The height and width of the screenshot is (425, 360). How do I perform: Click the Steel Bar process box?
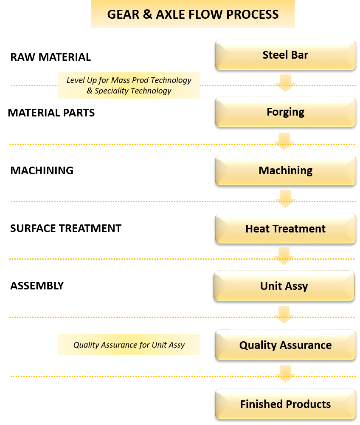[x=285, y=55]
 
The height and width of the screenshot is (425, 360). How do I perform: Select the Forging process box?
[x=285, y=112]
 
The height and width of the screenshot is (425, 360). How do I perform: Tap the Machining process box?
[x=285, y=170]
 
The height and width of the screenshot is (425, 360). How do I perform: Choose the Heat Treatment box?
[x=285, y=229]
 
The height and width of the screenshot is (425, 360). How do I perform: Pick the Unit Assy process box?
[x=284, y=286]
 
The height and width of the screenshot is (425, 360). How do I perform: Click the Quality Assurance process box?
[x=285, y=345]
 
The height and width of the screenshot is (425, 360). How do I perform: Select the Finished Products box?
[x=285, y=404]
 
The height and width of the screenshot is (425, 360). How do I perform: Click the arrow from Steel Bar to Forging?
[x=285, y=83]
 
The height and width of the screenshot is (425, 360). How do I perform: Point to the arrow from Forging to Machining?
[x=284, y=141]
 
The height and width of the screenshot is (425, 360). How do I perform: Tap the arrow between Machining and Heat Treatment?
[x=285, y=199]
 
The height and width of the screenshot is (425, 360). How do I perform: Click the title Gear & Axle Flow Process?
[x=193, y=14]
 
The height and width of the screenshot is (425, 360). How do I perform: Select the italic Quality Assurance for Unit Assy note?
[x=129, y=345]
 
